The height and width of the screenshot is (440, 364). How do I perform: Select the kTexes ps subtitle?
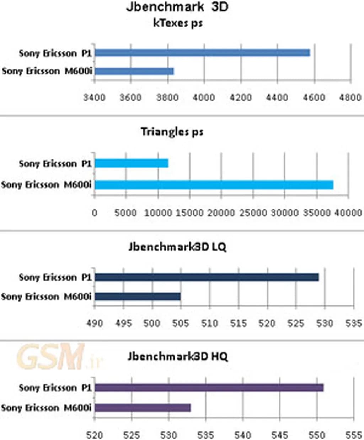(178, 23)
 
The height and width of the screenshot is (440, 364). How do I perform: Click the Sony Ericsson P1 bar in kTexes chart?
(202, 53)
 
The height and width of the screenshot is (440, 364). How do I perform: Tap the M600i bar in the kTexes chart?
(134, 72)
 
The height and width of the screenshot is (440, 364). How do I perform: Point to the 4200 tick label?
(241, 97)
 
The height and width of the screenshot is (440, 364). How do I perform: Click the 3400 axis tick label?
(94, 97)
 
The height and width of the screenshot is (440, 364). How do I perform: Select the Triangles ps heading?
(172, 132)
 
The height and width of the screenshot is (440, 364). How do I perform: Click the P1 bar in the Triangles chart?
(132, 163)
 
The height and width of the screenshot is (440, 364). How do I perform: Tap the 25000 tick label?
(251, 213)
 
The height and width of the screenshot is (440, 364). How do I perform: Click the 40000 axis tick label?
(349, 213)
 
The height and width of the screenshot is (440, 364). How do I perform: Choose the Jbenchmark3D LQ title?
(177, 247)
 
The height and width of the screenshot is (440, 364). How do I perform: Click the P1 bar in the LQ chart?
(207, 277)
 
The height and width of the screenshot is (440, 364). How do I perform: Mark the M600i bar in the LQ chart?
(138, 297)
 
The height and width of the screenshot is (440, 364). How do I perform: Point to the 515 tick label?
(238, 323)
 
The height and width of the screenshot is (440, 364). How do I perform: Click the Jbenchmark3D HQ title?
(177, 356)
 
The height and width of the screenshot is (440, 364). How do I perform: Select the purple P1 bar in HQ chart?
(209, 388)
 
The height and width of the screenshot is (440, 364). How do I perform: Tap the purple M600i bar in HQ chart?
(143, 408)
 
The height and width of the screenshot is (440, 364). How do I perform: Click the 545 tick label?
(280, 435)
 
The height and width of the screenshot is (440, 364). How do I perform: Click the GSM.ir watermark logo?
(57, 357)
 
